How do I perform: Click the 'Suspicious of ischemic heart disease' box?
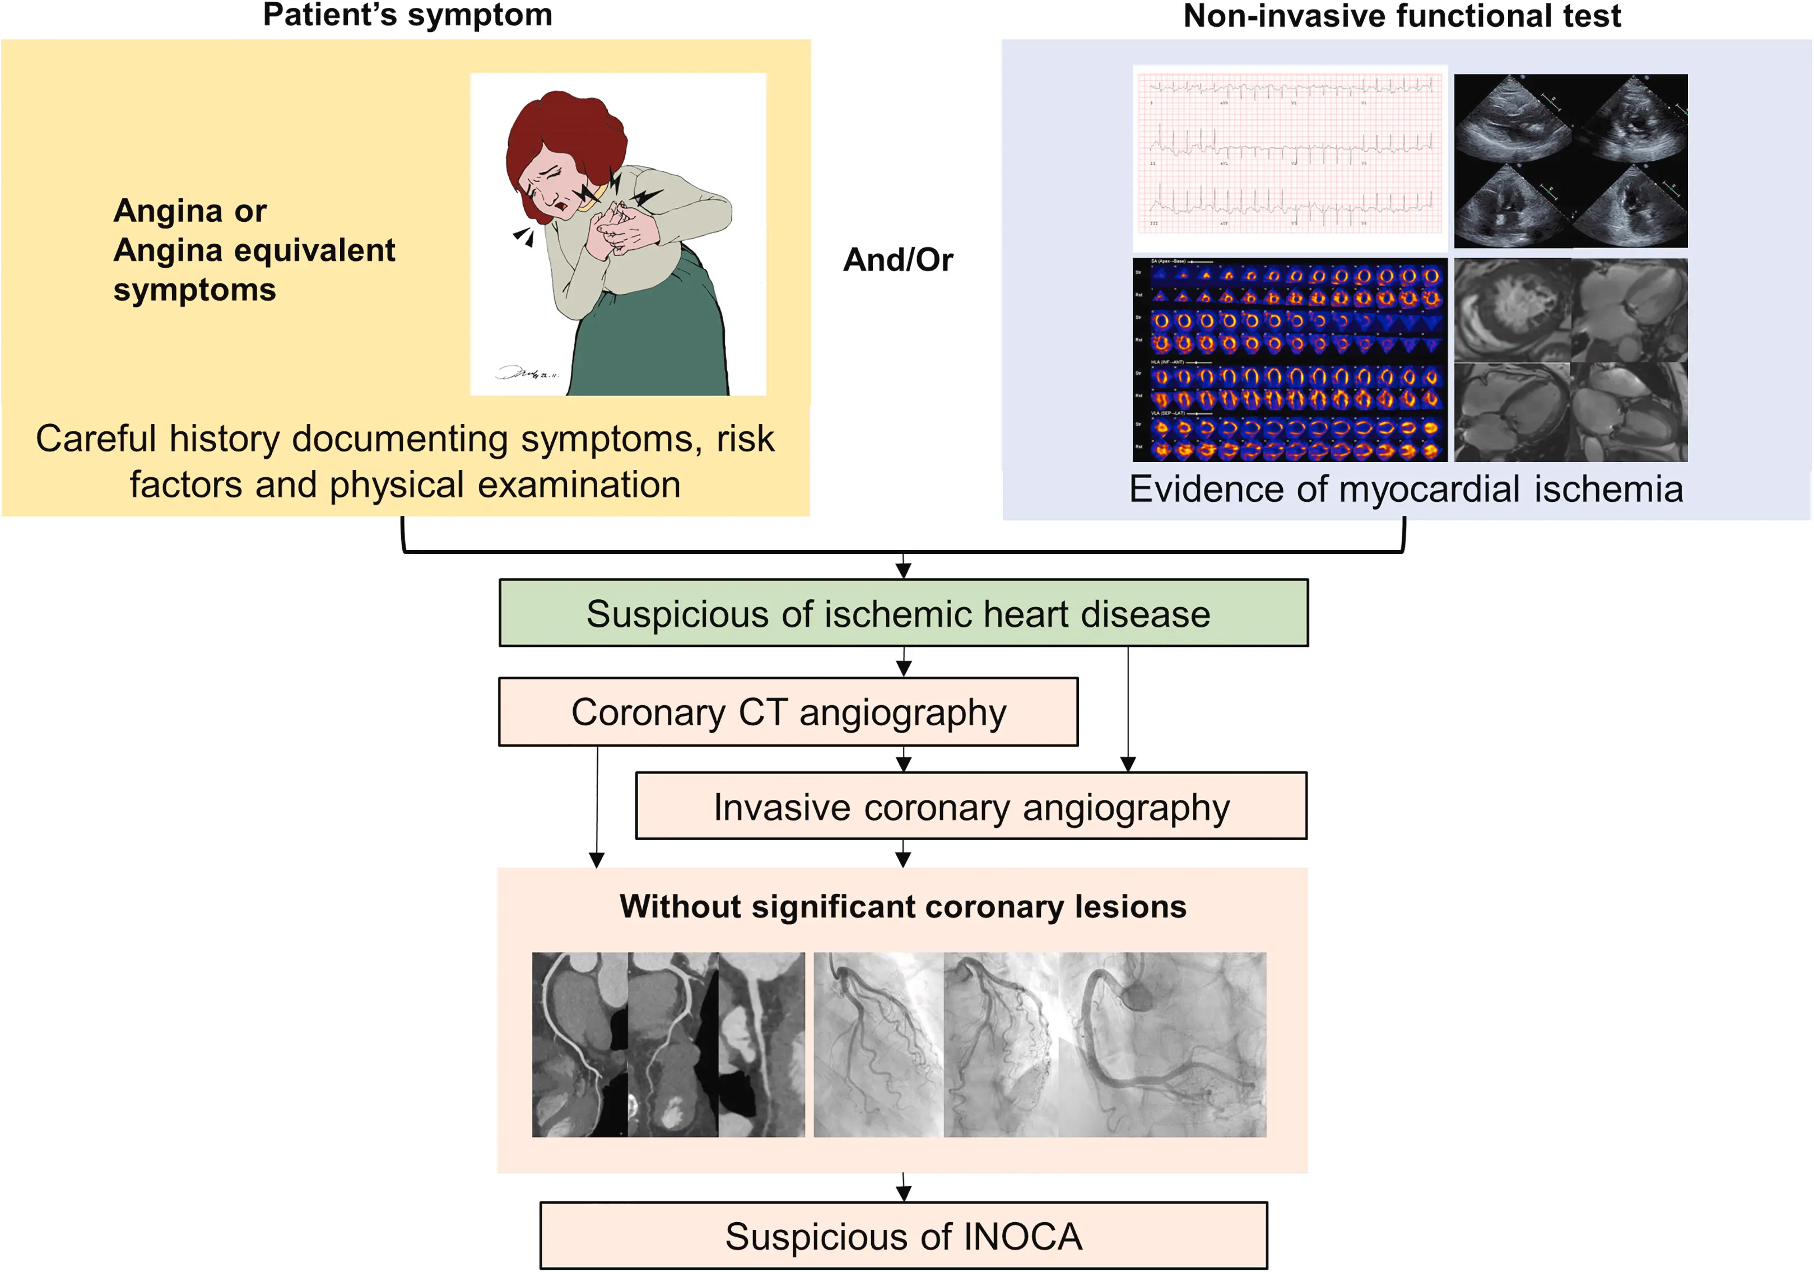903,614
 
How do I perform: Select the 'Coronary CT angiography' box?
788,712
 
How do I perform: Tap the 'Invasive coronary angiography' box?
971,807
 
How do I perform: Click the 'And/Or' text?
897,260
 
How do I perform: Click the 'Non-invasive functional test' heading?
1402,16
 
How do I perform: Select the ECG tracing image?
1290,158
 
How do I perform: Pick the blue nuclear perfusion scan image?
1290,360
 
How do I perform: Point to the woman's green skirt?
648,340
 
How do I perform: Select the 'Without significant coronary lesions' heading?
903,906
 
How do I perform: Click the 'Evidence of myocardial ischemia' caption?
1406,489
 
